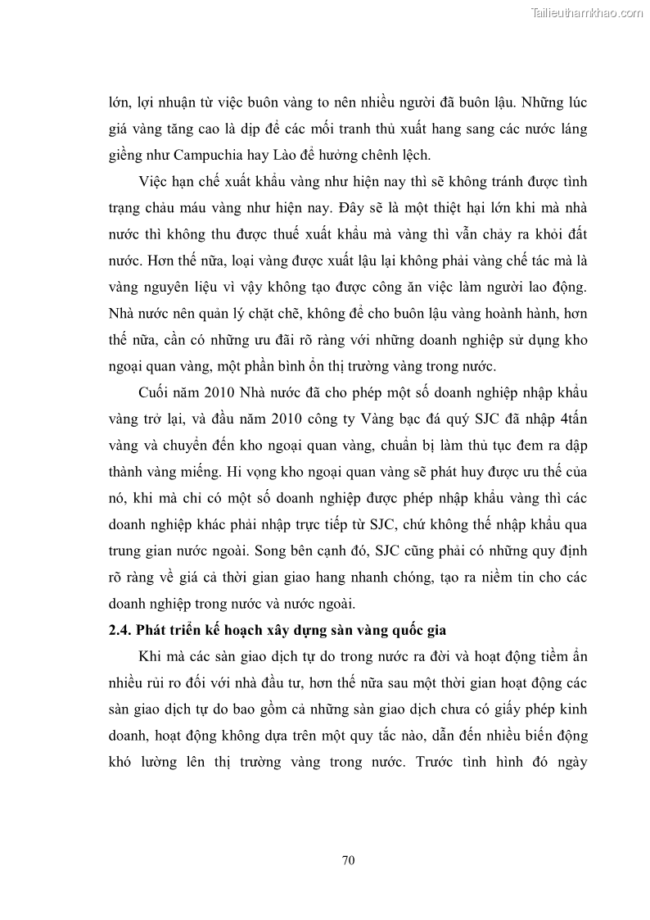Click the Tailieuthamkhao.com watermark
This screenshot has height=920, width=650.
tap(588, 13)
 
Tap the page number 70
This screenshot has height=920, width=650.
tap(347, 860)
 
